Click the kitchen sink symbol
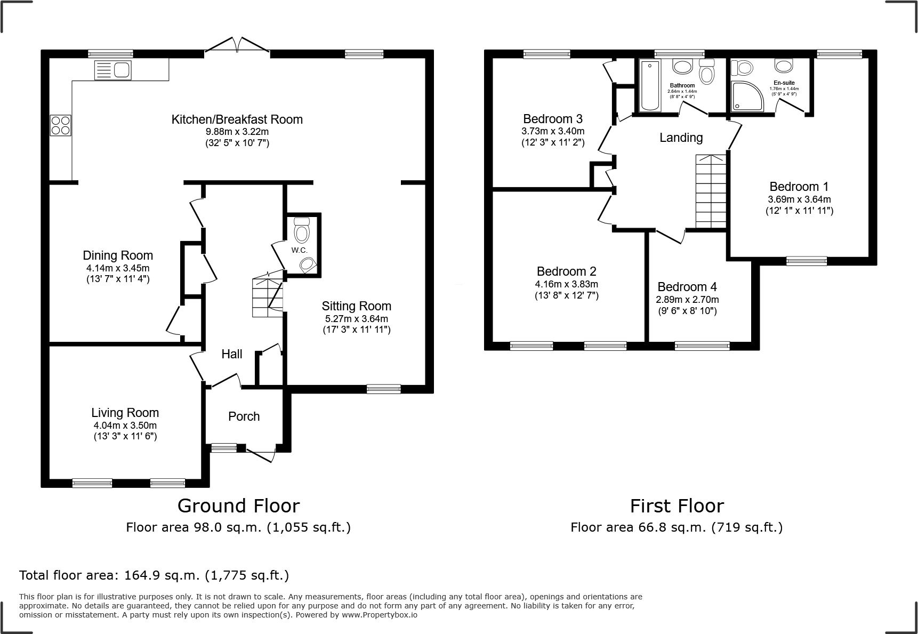click(x=112, y=70)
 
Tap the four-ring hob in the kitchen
click(x=60, y=125)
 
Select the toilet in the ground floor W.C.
click(x=302, y=230)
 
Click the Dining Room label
click(x=118, y=255)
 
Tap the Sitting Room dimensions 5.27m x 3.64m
click(x=357, y=319)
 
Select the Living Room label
click(x=125, y=413)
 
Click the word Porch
click(x=244, y=416)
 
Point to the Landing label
click(x=681, y=138)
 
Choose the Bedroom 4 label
click(x=688, y=287)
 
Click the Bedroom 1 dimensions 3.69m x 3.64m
click(x=799, y=199)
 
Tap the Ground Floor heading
click(x=238, y=505)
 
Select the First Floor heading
click(x=677, y=505)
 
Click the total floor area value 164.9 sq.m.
click(x=162, y=576)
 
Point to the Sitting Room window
click(x=384, y=389)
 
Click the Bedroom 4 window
click(x=702, y=346)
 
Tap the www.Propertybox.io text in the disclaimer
click(x=379, y=615)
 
